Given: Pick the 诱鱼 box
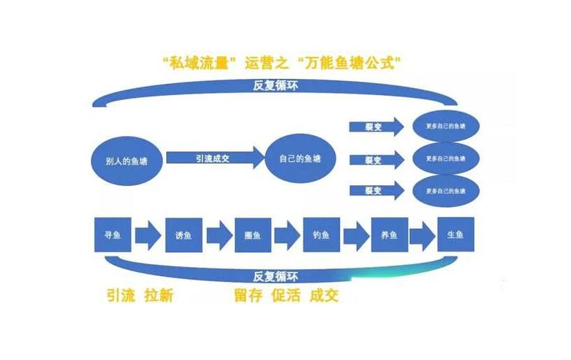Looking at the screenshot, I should (x=183, y=235).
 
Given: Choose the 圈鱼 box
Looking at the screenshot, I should (x=252, y=235).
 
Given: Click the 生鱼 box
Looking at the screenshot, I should (x=455, y=235).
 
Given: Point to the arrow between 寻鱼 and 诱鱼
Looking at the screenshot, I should (x=148, y=235).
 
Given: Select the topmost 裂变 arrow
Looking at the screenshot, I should (x=376, y=127).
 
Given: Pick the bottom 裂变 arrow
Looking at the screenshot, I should (x=376, y=190).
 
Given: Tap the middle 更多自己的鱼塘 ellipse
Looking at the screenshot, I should (x=446, y=159).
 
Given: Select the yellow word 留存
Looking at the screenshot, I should (x=249, y=295).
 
